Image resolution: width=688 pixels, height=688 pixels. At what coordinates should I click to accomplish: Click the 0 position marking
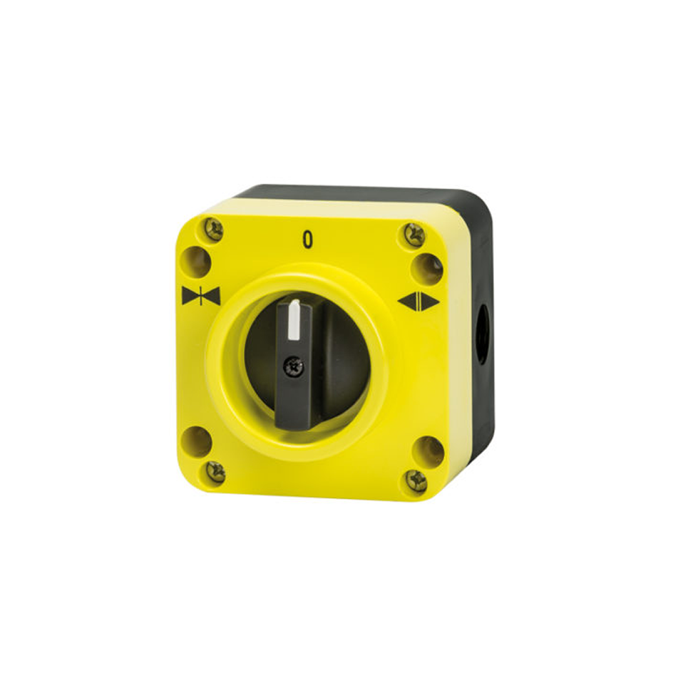click(x=308, y=239)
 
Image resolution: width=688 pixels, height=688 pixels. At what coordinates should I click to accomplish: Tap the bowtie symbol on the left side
click(x=201, y=296)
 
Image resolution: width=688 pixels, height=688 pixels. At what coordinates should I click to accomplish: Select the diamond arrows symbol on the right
click(x=418, y=301)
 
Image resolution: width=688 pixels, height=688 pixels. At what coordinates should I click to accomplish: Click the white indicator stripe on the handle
click(x=294, y=320)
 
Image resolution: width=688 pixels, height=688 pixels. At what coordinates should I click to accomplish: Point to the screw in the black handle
click(x=294, y=368)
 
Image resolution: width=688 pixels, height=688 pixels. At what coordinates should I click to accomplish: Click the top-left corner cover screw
click(x=214, y=229)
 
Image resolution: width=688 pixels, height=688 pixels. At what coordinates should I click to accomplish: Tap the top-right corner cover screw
click(x=414, y=235)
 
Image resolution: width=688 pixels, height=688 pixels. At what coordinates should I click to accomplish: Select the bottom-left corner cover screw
click(x=215, y=471)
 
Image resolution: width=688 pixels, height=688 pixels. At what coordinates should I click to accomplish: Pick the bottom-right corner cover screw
click(x=416, y=480)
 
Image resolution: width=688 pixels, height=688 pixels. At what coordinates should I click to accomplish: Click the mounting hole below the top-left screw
click(x=195, y=262)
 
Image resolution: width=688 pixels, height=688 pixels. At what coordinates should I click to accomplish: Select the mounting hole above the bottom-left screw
click(x=197, y=441)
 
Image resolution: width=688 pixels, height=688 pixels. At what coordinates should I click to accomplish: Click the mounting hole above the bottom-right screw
click(x=429, y=451)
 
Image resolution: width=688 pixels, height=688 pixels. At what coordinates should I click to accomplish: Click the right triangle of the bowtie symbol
click(x=211, y=296)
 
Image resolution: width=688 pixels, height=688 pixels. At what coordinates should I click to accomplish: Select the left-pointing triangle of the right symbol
click(x=409, y=301)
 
